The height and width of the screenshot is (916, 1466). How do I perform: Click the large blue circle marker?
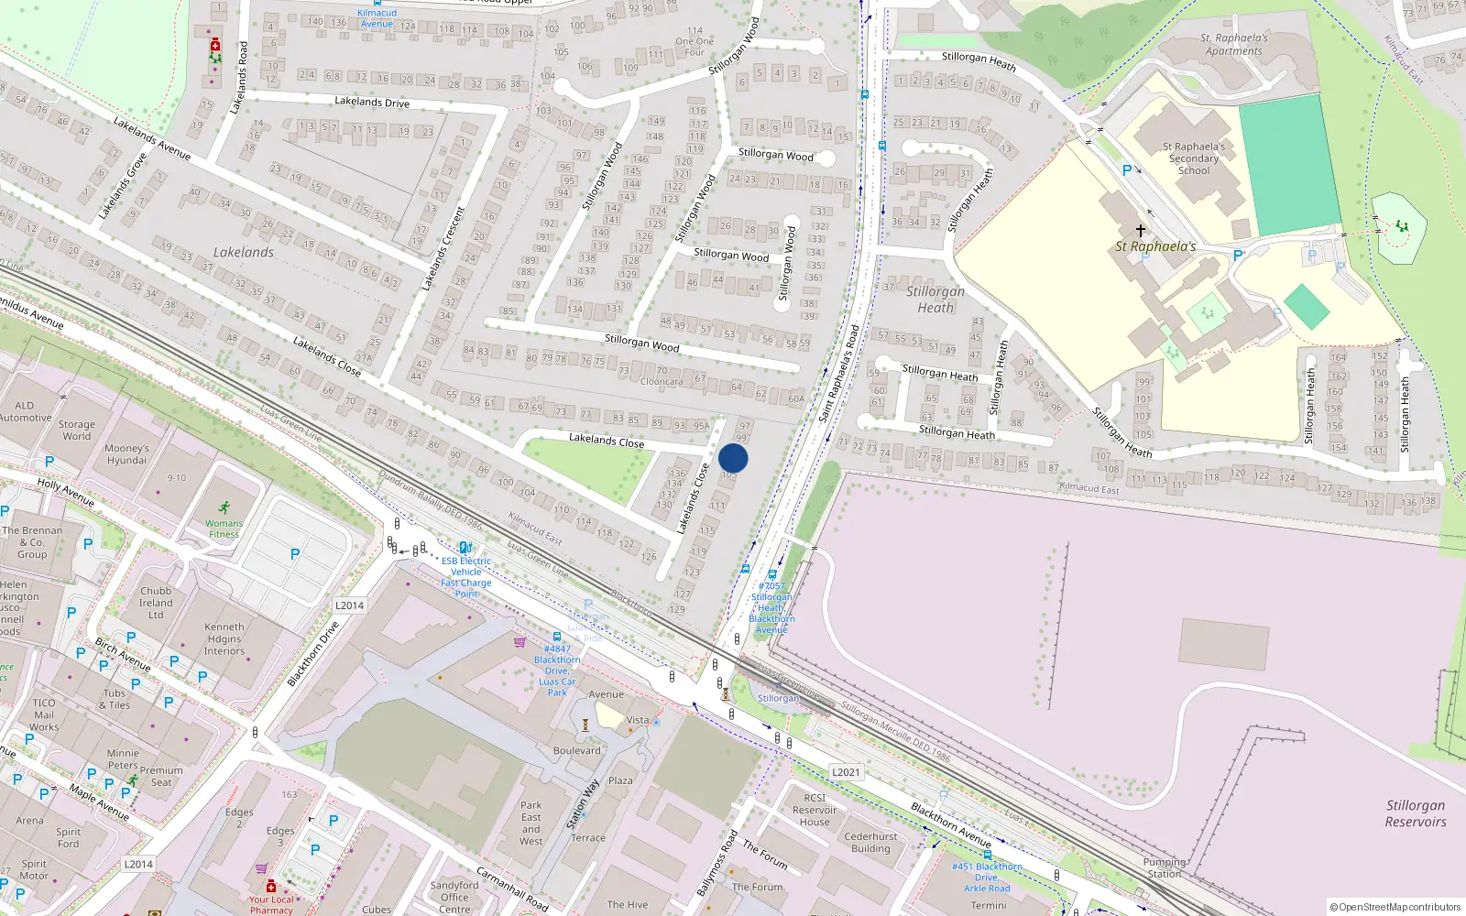click(733, 458)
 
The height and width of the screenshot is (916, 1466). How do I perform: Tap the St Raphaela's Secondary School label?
click(1193, 158)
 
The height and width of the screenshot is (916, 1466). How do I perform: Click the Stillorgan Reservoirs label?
click(1415, 813)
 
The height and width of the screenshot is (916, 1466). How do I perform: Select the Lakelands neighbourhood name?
click(243, 252)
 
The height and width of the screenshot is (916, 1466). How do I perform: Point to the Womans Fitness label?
click(224, 529)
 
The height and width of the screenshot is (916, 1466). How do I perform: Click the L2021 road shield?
click(846, 772)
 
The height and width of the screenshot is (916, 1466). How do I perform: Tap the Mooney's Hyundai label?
click(126, 454)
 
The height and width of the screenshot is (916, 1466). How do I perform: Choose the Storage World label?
click(77, 430)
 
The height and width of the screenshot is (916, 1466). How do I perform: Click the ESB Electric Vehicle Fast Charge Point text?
click(466, 577)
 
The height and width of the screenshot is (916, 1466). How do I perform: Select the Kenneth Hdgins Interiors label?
click(224, 639)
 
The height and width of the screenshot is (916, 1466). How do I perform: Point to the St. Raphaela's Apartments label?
click(1233, 44)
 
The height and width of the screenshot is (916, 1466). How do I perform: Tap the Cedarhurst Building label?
click(870, 842)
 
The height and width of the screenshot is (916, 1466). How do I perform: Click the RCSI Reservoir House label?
click(815, 810)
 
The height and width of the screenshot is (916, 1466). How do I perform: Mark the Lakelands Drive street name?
click(372, 102)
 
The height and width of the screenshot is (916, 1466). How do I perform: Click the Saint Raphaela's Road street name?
click(839, 374)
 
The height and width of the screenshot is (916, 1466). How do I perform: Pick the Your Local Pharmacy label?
click(271, 904)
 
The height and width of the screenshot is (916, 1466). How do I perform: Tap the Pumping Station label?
click(1164, 867)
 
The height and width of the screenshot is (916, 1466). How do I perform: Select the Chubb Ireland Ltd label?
click(156, 603)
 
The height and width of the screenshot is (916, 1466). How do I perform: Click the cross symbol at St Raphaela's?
click(1141, 230)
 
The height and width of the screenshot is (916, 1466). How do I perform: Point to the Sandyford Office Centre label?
click(454, 897)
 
